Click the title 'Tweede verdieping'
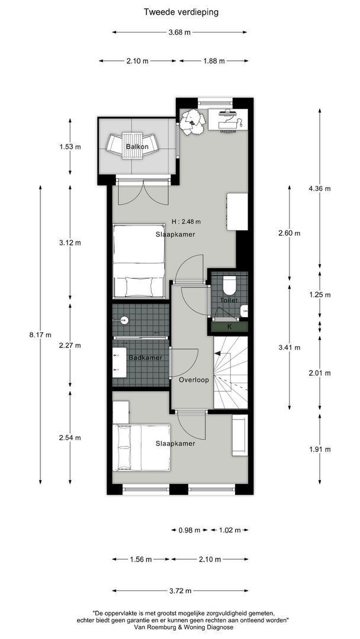point(180,11)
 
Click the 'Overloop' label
point(194,380)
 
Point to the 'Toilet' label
point(229,301)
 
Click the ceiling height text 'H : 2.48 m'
point(186,222)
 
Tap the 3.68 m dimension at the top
point(179,33)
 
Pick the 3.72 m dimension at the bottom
point(180,590)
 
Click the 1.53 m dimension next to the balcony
point(70,147)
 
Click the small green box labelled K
point(229,326)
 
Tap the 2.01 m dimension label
point(319,373)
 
